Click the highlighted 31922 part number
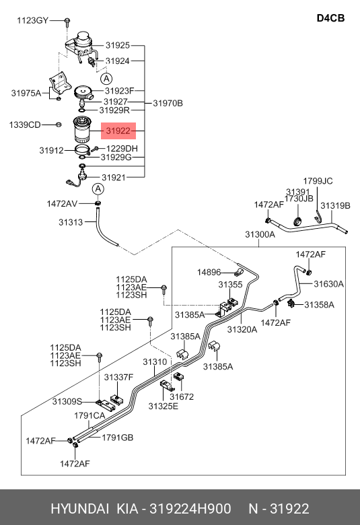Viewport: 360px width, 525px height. point(118,131)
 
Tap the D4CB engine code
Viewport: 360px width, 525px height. point(330,18)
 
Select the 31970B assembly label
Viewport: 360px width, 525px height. point(168,103)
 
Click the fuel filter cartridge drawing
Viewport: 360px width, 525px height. point(83,129)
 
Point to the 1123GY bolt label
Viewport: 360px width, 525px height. point(32,20)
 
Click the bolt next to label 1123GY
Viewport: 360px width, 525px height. point(67,22)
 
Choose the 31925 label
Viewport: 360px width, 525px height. point(118,45)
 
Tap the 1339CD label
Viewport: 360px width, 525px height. point(25,125)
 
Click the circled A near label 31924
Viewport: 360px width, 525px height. point(106,79)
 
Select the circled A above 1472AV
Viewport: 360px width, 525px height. point(98,189)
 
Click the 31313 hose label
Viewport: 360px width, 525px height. point(71,222)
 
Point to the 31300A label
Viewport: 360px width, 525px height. point(260,234)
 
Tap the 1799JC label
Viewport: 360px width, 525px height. point(318,181)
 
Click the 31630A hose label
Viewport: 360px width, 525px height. point(328,284)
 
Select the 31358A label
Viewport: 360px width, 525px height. point(319,305)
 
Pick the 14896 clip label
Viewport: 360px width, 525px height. point(209,272)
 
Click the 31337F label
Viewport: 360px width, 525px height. point(118,378)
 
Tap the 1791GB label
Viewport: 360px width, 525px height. point(118,438)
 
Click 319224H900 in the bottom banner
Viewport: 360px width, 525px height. point(190,509)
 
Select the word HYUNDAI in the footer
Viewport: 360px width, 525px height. point(79,509)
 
